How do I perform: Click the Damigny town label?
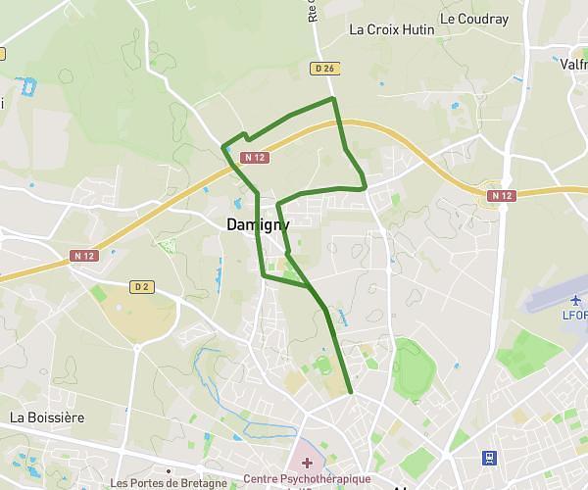pyautogui.click(x=258, y=224)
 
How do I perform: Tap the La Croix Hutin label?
pyautogui.click(x=391, y=29)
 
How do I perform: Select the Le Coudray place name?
pyautogui.click(x=473, y=18)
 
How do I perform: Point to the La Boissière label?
pyautogui.click(x=47, y=416)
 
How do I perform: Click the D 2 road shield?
pyautogui.click(x=142, y=287)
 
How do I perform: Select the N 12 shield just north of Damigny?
pyautogui.click(x=255, y=157)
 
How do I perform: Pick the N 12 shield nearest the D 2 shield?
pyautogui.click(x=85, y=256)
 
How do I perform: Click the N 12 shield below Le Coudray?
pyautogui.click(x=501, y=196)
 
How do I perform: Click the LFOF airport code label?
pyautogui.click(x=574, y=316)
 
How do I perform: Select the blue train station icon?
pyautogui.click(x=489, y=457)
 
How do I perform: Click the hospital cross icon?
pyautogui.click(x=307, y=462)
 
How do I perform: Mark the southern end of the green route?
pyautogui.click(x=350, y=393)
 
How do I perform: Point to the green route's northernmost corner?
pyautogui.click(x=333, y=99)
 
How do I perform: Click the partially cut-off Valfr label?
pyautogui.click(x=573, y=64)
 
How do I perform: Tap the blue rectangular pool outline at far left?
pyautogui.click(x=27, y=86)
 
